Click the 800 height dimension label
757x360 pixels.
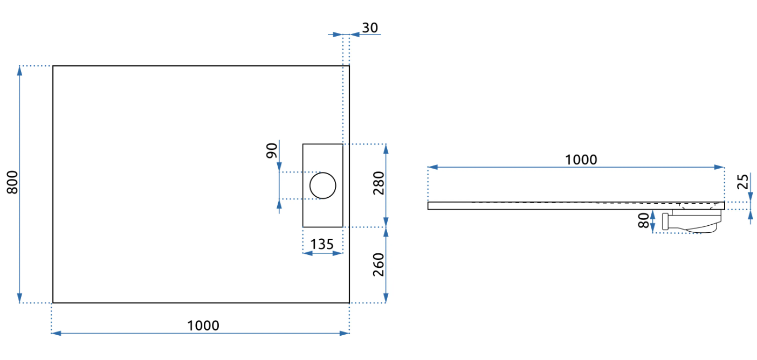[x=12, y=182]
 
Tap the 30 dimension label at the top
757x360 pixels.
[x=370, y=27]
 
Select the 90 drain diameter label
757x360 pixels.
[x=272, y=150]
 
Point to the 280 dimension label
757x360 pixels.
[x=379, y=183]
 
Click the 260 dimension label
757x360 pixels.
[x=379, y=265]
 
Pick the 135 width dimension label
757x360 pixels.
[x=322, y=244]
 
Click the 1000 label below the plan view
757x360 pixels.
[x=203, y=326]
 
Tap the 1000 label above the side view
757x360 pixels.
[x=581, y=160]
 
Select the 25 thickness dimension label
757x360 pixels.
[x=743, y=182]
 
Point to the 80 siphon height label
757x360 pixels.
[x=643, y=220]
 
